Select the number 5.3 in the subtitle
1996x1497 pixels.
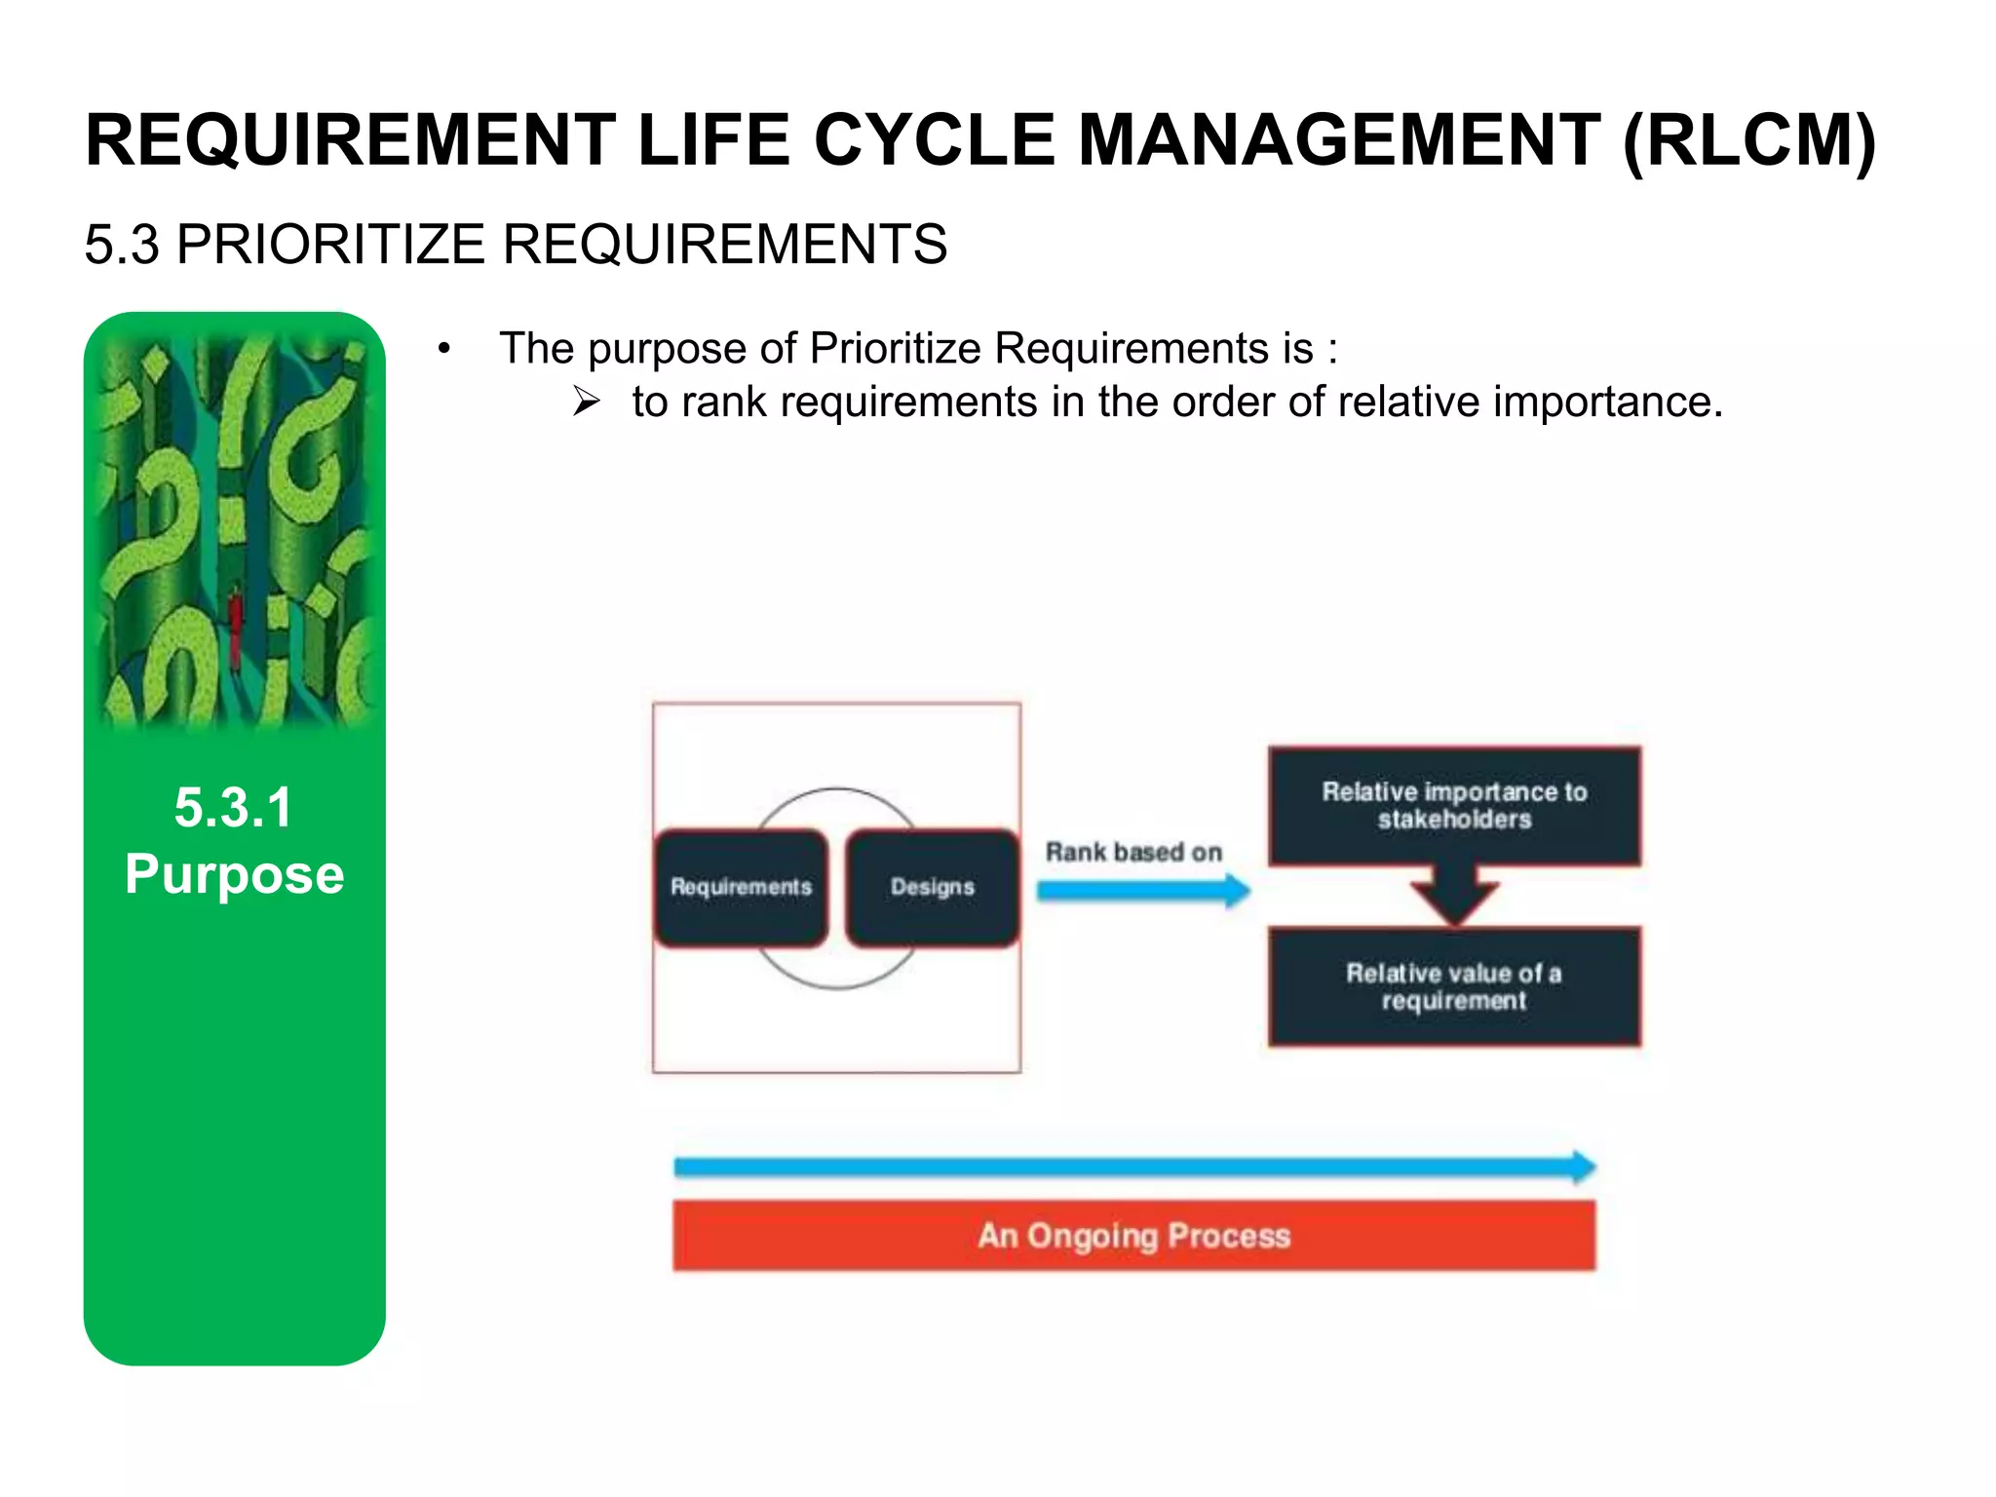[121, 245]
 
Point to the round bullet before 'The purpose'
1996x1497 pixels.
[444, 349]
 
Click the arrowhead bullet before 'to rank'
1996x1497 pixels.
[586, 402]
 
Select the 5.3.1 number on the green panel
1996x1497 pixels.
[234, 808]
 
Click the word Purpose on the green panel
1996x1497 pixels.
[234, 874]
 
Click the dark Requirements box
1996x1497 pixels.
[742, 887]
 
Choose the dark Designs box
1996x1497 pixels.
[933, 887]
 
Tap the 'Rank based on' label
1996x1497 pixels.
[1133, 853]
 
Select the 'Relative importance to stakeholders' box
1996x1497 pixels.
[1454, 806]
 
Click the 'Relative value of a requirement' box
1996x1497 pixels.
[1454, 986]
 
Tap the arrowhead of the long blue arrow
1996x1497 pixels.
[1583, 1167]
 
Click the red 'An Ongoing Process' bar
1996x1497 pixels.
[1133, 1236]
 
